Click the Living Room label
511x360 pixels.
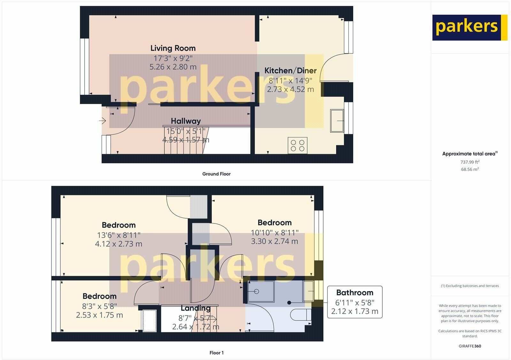click(173, 48)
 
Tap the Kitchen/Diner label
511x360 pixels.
click(290, 71)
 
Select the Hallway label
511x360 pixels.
click(186, 121)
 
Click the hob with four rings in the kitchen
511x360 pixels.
click(298, 145)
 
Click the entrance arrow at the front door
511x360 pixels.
click(103, 121)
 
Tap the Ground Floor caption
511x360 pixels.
click(216, 174)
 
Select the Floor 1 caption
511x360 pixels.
click(216, 353)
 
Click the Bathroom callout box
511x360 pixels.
click(355, 302)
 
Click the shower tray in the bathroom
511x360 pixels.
click(261, 291)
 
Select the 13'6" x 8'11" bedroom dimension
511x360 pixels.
click(118, 235)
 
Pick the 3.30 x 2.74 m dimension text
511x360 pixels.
click(274, 241)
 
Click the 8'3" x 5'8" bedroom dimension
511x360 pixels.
click(99, 306)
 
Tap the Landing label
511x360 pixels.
click(195, 308)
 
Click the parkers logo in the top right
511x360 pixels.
click(469, 27)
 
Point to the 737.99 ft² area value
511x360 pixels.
click(470, 162)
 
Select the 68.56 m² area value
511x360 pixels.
click(470, 169)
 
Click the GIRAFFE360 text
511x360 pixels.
click(470, 346)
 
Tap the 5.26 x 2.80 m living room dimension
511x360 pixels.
click(173, 67)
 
